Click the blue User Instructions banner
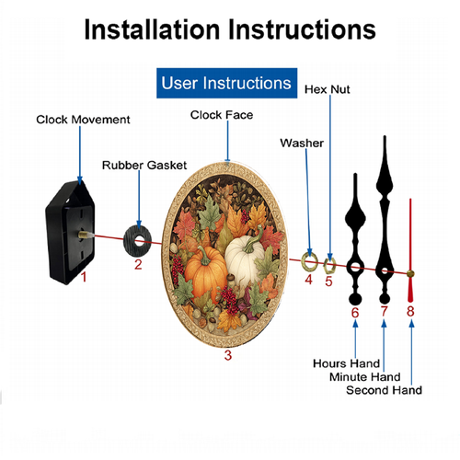[226, 83]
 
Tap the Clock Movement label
[83, 120]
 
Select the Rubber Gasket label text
[144, 166]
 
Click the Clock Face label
[222, 115]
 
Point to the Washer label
[302, 144]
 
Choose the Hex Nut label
[328, 89]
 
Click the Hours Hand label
[346, 363]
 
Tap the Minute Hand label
[365, 377]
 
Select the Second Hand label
[384, 390]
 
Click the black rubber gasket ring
[130, 241]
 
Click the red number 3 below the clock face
[228, 355]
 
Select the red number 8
[410, 311]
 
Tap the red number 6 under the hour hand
[355, 313]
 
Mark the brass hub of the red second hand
[410, 274]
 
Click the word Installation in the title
[152, 29]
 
